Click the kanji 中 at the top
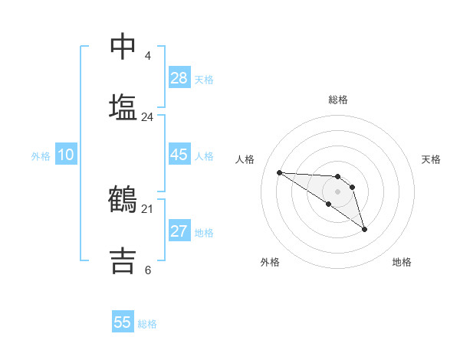(123, 47)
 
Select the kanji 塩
(123, 107)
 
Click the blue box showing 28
(179, 78)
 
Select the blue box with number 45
(179, 155)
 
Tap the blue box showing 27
(179, 231)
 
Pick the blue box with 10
(66, 155)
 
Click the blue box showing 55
(123, 322)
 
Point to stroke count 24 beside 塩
(148, 117)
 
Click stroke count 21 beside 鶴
(148, 208)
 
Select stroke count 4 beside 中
(148, 56)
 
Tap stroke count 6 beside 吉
(148, 270)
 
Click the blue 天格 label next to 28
(204, 79)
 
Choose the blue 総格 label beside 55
(147, 323)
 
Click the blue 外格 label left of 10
(41, 155)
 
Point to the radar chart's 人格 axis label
(245, 159)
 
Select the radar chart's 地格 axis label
(402, 262)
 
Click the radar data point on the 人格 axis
(280, 172)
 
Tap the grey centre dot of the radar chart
(337, 191)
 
